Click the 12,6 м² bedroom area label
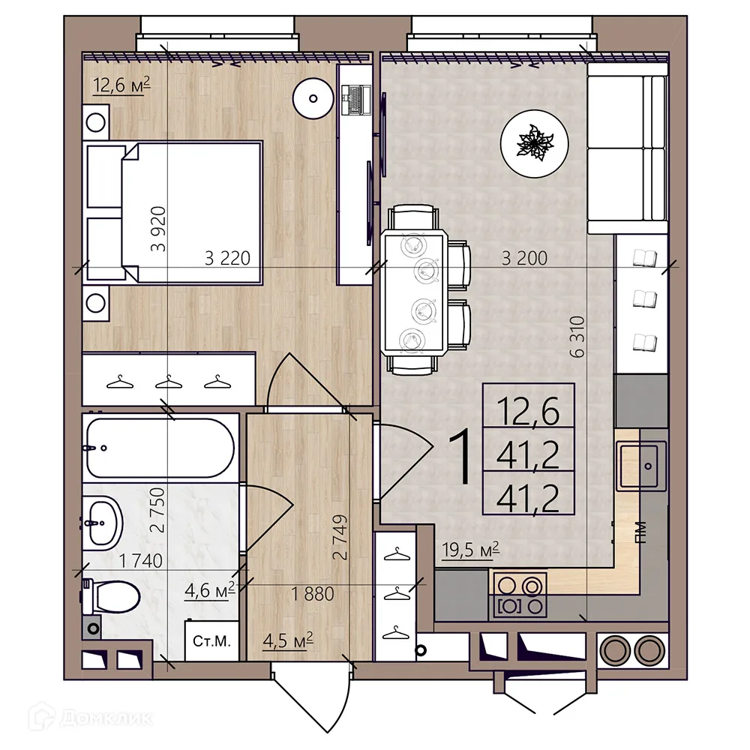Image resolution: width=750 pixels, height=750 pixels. coord(121,85)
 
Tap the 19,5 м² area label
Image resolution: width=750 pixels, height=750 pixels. coord(470,550)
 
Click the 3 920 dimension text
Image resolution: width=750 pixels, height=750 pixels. coord(158,229)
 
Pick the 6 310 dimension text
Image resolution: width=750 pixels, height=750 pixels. coord(577,336)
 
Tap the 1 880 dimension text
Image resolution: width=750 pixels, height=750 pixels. coord(313,594)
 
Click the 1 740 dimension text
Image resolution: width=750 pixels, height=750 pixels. coord(141,560)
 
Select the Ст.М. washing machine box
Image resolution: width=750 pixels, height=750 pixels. coord(211,641)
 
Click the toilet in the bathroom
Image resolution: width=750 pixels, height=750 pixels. coord(111,596)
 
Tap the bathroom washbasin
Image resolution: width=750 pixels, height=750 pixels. coord(103,523)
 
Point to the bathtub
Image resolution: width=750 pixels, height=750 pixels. coord(160,448)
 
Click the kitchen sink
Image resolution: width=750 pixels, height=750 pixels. coord(641,466)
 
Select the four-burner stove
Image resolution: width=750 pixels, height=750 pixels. coord(520,595)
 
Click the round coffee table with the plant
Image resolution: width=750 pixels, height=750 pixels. coord(535,143)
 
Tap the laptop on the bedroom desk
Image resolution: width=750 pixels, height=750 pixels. coord(356,100)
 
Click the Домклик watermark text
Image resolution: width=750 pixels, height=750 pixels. coord(107,718)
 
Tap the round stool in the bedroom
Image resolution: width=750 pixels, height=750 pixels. coord(313,98)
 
